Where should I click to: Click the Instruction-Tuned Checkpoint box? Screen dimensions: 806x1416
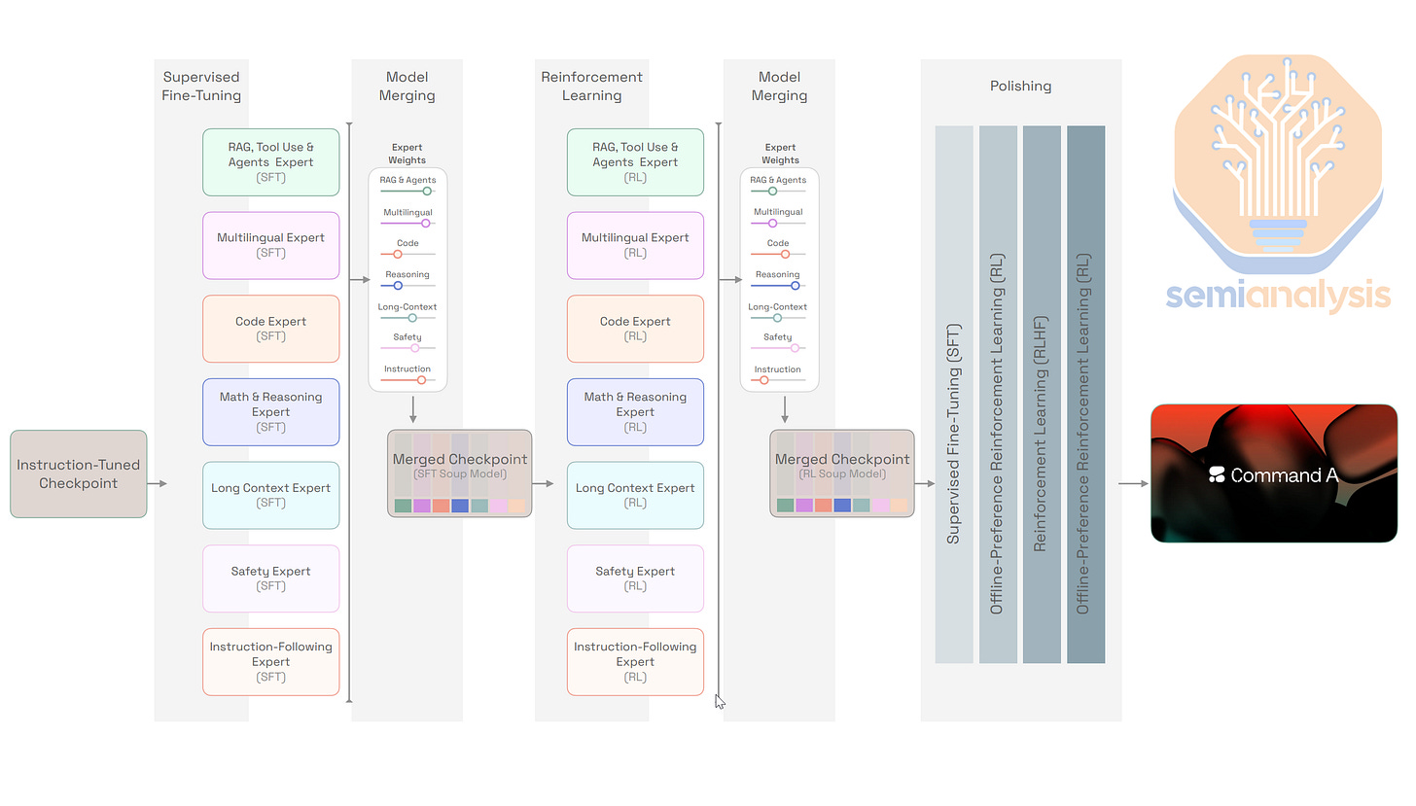[79, 473]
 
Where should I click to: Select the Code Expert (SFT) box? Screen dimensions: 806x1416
[270, 329]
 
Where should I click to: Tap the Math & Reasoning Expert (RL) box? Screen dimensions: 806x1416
[635, 411]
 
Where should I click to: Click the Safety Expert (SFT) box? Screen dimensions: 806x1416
[270, 578]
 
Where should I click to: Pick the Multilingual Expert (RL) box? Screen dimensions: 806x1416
[635, 245]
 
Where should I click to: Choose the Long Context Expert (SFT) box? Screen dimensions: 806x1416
[270, 495]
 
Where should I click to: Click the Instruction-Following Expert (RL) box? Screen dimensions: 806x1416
[635, 661]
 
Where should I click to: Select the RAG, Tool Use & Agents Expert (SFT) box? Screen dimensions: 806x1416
[270, 162]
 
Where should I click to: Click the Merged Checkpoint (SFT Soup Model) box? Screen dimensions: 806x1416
[459, 473]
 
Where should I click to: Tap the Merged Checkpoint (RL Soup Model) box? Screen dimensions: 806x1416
[842, 473]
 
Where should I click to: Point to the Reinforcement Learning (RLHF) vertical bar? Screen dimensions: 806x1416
[1042, 394]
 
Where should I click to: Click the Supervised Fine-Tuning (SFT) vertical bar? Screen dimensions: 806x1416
[954, 394]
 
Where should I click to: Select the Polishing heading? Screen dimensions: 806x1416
[1020, 86]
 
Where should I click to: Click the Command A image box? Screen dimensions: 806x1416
[1273, 473]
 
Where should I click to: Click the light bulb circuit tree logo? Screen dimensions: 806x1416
[1278, 156]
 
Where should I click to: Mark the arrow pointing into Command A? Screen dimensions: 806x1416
[1133, 483]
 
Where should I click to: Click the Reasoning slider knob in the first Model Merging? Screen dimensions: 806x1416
[398, 286]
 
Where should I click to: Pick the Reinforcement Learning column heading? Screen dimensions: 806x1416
[591, 86]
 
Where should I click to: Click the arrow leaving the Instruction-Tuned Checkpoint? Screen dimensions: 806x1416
[159, 483]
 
